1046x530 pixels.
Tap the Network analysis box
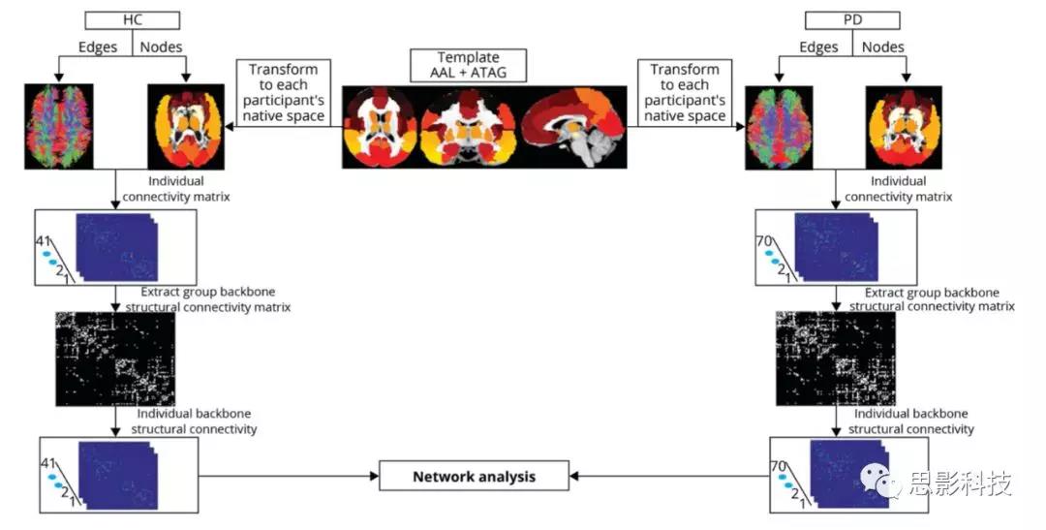(x=474, y=476)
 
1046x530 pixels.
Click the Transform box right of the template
(x=685, y=92)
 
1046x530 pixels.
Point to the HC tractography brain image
(x=59, y=126)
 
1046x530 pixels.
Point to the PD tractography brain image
(x=778, y=126)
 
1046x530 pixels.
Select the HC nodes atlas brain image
(x=184, y=126)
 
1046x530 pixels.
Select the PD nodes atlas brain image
(x=904, y=126)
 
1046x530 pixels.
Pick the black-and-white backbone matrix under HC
(x=114, y=359)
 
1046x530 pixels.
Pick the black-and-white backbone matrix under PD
(x=835, y=359)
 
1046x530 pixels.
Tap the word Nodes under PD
(x=882, y=47)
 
